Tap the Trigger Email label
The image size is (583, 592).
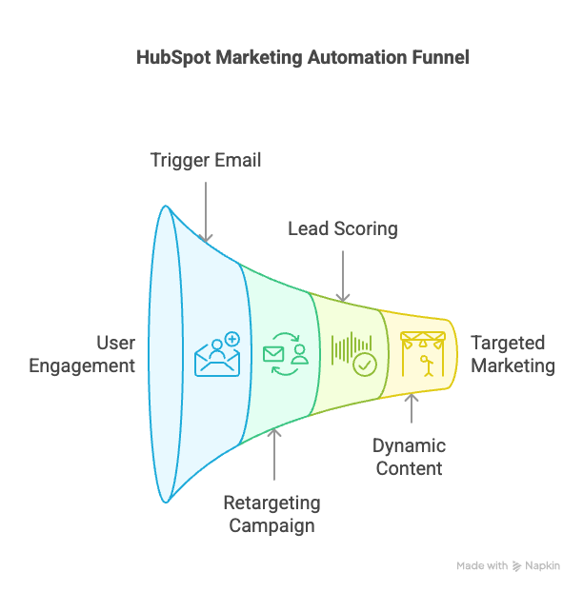click(206, 160)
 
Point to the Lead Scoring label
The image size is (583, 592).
click(343, 228)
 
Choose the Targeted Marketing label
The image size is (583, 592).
click(513, 354)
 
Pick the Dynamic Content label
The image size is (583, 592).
click(409, 457)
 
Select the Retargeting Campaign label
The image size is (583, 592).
click(272, 513)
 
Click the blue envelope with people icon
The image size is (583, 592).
click(217, 355)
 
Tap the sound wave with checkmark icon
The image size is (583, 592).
click(352, 353)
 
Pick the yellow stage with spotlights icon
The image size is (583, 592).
click(421, 353)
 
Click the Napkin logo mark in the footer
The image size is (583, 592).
click(517, 565)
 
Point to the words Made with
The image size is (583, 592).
click(482, 565)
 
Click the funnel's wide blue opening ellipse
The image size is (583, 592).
click(166, 355)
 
